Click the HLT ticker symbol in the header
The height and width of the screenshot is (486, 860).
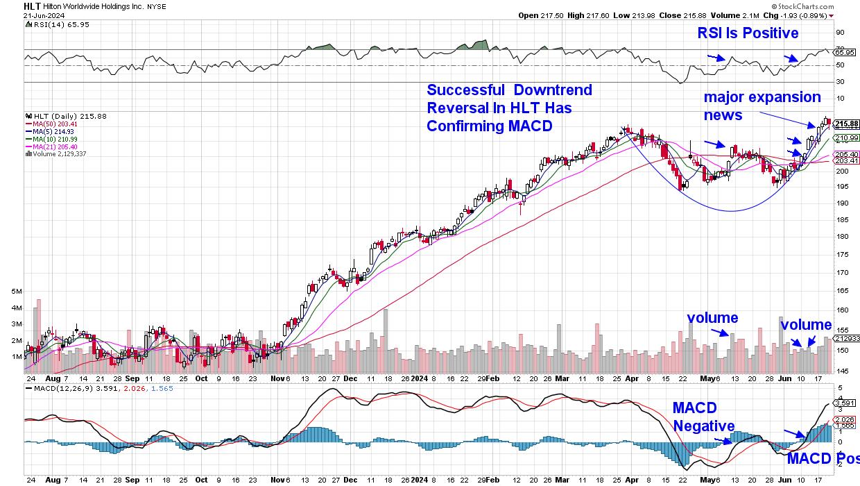point(32,5)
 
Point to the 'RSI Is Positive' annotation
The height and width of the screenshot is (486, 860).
point(748,33)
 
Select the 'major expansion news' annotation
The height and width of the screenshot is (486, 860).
point(762,106)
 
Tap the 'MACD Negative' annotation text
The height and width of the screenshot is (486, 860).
point(703,417)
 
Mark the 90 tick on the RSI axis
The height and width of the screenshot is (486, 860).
point(840,32)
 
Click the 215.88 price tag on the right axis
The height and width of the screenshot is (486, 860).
point(846,124)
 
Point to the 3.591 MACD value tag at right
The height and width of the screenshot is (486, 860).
point(845,403)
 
